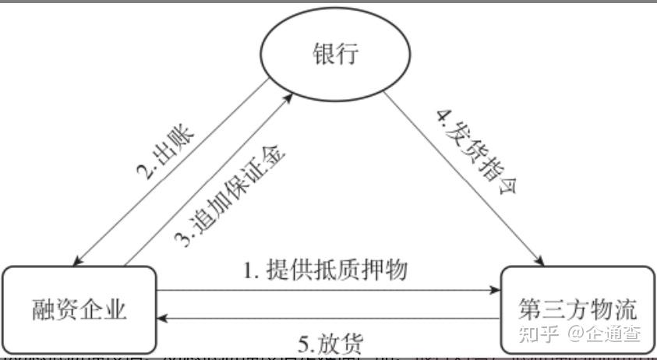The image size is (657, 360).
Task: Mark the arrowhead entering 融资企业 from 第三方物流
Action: [161, 319]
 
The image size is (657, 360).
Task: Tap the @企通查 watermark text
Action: [604, 336]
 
